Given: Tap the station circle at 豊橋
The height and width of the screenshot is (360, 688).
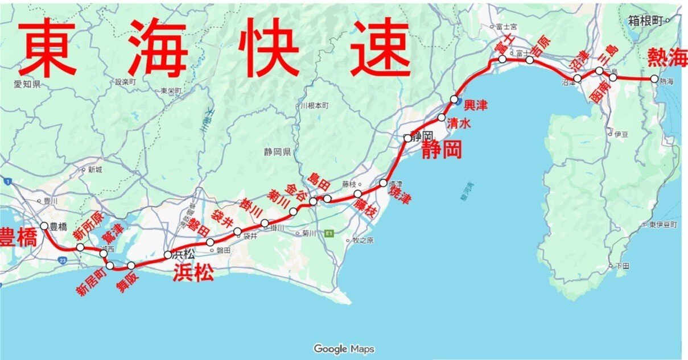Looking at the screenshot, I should tap(44, 225).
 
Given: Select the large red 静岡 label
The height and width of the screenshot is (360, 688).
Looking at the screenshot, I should tap(441, 150).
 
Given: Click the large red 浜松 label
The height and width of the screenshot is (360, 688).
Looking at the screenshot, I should tap(193, 274).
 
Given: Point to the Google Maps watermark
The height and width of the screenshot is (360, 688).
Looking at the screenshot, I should tap(344, 349).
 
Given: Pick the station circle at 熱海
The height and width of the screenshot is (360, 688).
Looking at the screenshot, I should tap(654, 78).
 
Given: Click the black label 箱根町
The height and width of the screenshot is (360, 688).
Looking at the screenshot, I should tap(646, 20).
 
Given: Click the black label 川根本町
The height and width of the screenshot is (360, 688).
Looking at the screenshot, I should tap(314, 106).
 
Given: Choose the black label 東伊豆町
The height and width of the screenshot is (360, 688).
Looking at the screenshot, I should tap(664, 225).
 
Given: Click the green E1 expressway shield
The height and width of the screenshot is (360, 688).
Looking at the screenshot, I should tap(328, 234).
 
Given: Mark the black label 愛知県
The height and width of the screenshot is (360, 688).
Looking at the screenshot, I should tap(27, 84).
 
